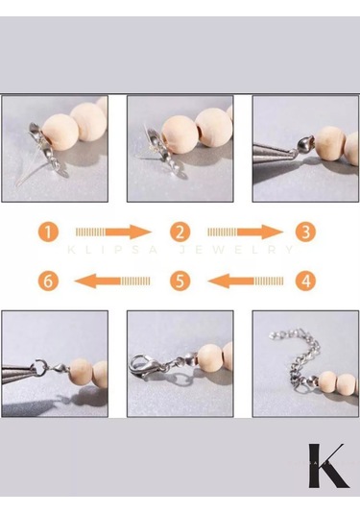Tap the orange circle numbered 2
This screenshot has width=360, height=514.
pyautogui.click(x=179, y=232)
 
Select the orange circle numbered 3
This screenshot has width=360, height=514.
pyautogui.click(x=305, y=232)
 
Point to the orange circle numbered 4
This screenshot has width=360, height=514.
pyautogui.click(x=305, y=281)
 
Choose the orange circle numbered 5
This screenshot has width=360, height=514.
pyautogui.click(x=179, y=281)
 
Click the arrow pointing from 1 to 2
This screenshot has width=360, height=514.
pyautogui.click(x=114, y=232)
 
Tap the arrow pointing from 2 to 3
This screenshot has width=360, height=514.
pyautogui.click(x=244, y=232)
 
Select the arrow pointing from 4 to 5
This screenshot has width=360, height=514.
pyautogui.click(x=244, y=281)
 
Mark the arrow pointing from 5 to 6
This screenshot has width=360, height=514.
pyautogui.click(x=114, y=281)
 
